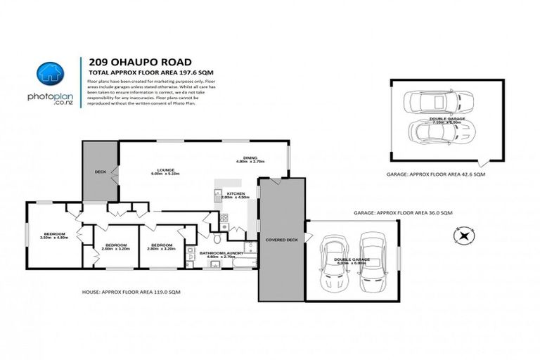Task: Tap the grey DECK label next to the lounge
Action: pos(100,171)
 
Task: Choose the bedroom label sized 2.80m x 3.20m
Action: pos(161,247)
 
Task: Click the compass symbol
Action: pos(463,235)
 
